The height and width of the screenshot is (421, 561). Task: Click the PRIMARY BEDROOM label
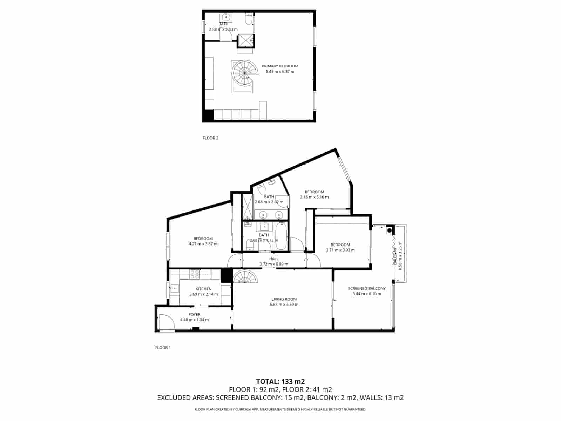point(280,66)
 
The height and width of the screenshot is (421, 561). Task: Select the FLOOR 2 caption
point(210,138)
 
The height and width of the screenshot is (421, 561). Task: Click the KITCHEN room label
point(203,289)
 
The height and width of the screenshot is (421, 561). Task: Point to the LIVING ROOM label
point(284,299)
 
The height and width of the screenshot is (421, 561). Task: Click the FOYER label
point(194,315)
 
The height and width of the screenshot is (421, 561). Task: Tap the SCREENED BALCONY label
point(367,289)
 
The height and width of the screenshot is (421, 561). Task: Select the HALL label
point(274,259)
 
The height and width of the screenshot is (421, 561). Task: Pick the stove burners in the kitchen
point(195,274)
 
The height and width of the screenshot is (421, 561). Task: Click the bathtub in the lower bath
point(281,237)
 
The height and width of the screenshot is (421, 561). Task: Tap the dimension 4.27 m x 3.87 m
point(203,244)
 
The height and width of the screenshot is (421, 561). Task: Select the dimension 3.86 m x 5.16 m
point(315,197)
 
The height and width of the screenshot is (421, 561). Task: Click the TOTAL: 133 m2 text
point(280,381)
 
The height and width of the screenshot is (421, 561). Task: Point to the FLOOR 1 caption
point(163,348)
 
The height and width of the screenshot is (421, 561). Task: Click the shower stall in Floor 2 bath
point(246,40)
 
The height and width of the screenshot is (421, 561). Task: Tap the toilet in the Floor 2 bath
point(248,20)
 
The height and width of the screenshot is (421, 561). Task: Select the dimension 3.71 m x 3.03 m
point(340,250)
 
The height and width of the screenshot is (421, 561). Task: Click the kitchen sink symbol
point(174,289)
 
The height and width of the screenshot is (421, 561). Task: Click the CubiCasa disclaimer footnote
point(280,409)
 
